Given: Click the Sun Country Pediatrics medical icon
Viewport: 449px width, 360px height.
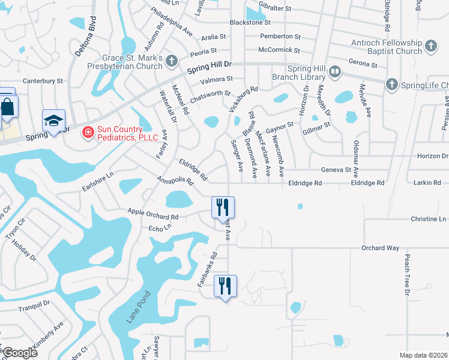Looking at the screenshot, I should (x=88, y=131).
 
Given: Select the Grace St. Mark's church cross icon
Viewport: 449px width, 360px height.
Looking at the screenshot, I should (x=172, y=61).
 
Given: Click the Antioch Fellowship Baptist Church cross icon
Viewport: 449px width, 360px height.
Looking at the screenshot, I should (x=430, y=46).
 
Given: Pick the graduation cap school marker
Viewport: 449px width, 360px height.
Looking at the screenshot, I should (x=53, y=121).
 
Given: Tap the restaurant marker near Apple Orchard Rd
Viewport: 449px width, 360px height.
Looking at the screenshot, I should (x=222, y=208).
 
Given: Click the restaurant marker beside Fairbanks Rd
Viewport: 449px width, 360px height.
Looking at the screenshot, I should (x=225, y=286).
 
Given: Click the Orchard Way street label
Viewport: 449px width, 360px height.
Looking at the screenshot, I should (x=380, y=248).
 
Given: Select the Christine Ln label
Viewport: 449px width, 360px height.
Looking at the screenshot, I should (x=429, y=219).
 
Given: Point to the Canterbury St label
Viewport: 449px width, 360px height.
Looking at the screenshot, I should (x=43, y=80).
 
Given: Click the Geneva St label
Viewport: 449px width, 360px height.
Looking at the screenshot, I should (x=336, y=170).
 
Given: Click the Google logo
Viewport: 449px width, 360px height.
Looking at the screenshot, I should (x=19, y=353).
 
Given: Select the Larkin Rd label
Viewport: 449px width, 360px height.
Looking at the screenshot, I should (x=427, y=182).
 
